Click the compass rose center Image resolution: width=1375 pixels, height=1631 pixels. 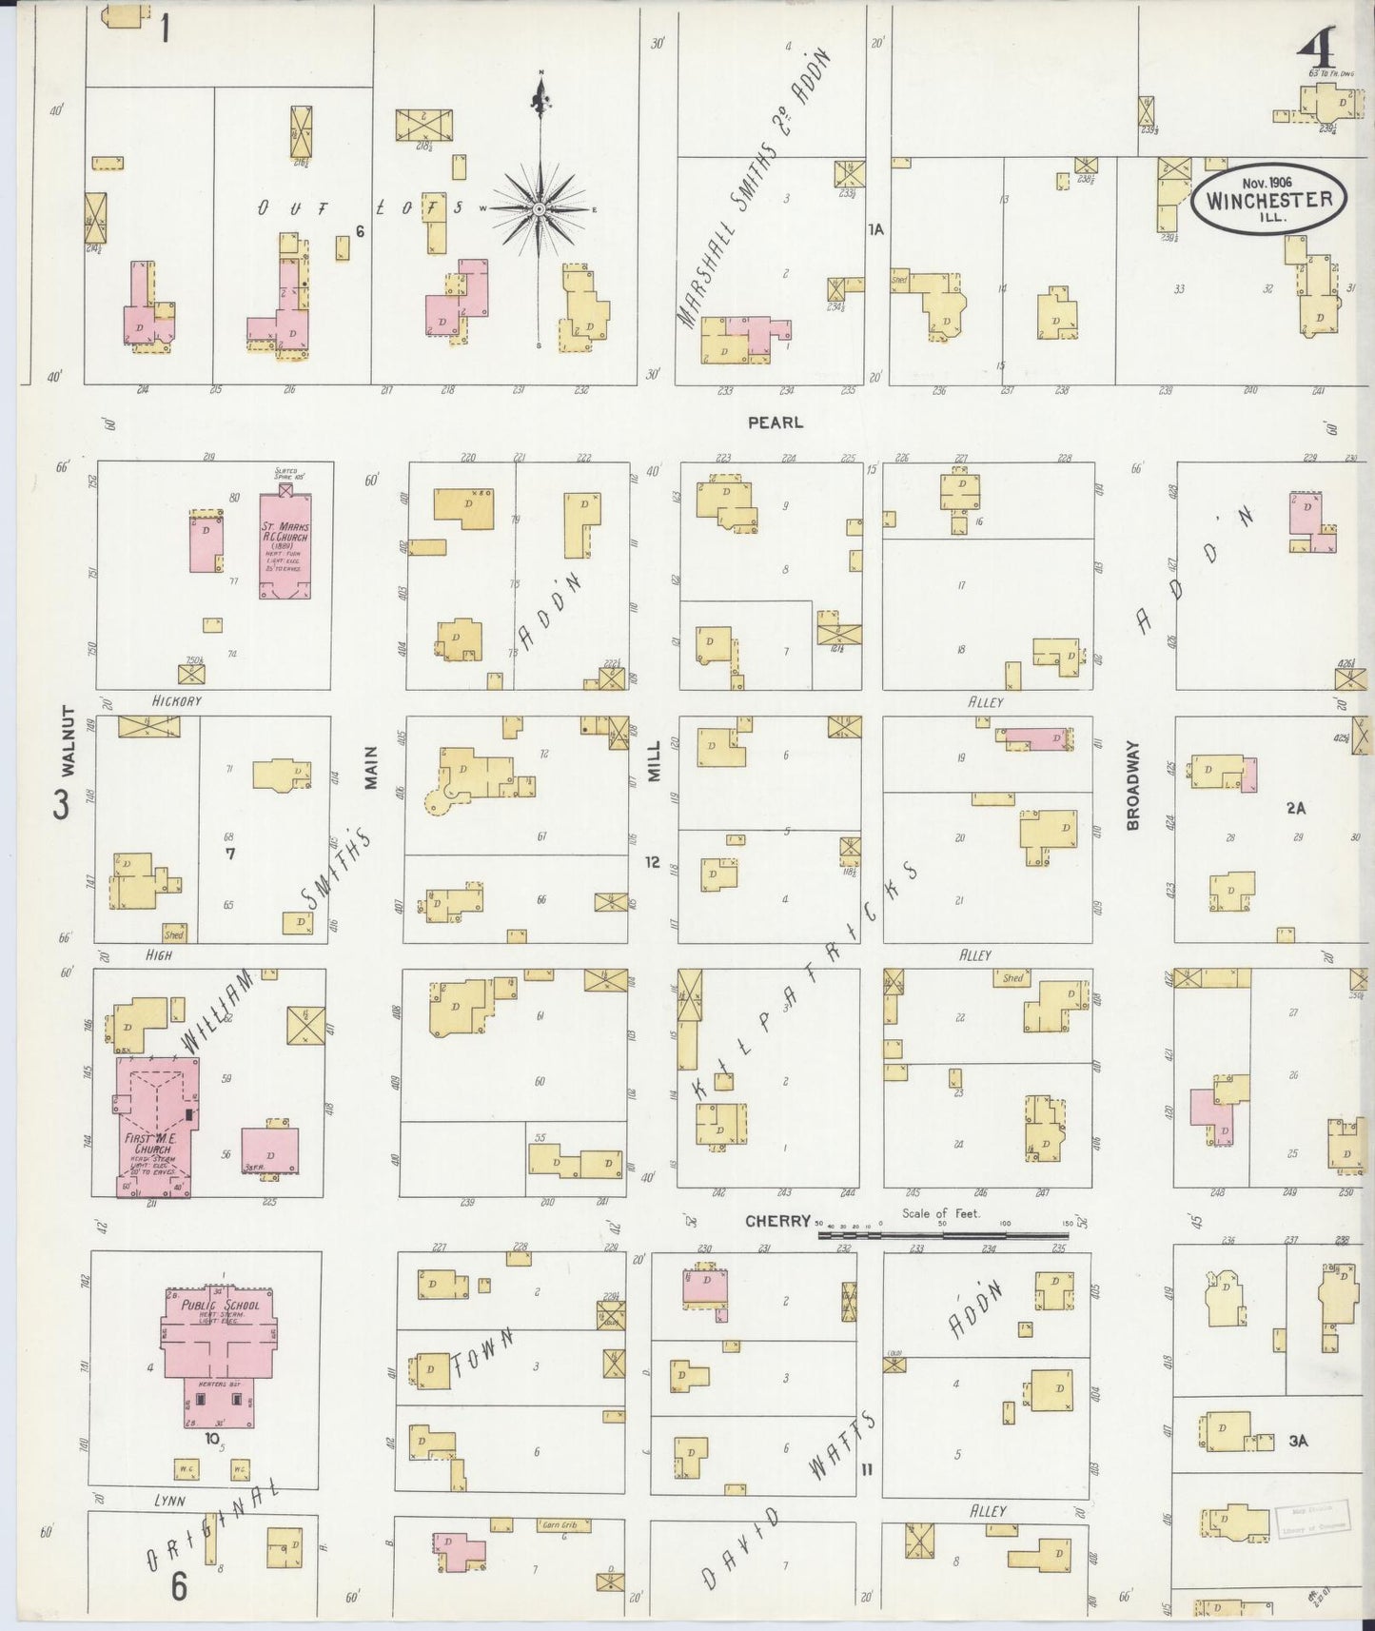click(539, 207)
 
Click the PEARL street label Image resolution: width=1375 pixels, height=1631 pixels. click(775, 422)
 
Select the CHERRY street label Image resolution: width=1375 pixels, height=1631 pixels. click(777, 1221)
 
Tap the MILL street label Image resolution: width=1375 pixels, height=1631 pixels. click(654, 761)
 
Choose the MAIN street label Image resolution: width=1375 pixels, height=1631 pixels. click(372, 767)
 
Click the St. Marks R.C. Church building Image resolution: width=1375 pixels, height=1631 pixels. click(285, 546)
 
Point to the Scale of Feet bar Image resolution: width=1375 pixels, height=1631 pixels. click(942, 1235)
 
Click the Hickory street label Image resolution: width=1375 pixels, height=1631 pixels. click(176, 701)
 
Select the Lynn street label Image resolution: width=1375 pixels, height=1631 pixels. click(169, 1501)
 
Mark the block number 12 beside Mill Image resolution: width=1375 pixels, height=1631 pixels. click(652, 862)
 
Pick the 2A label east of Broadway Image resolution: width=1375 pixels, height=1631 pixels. click(1295, 808)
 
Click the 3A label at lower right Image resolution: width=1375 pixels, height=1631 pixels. click(1298, 1441)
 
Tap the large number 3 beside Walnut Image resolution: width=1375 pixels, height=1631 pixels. click(62, 805)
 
